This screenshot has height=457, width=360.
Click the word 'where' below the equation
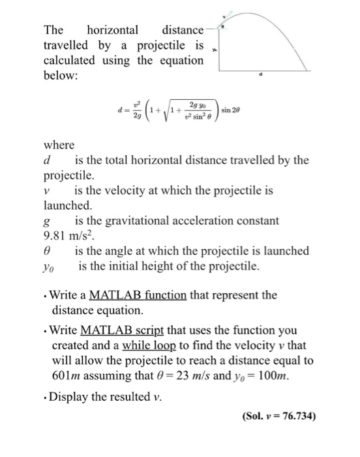point(59,144)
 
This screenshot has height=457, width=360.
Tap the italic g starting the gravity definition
point(46,221)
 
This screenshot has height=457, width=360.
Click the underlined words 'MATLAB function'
point(138,295)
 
